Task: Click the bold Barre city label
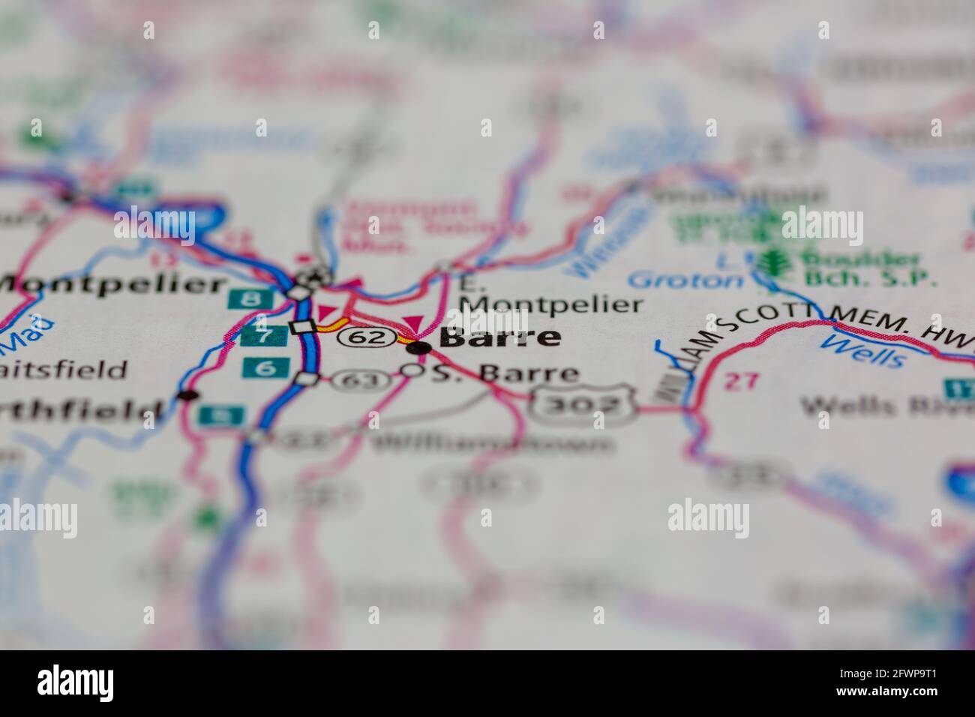500,337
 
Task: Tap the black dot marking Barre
422,347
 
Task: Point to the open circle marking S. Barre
410,370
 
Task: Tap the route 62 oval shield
366,338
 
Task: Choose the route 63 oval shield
361,381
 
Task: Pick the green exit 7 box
262,335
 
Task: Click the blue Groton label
684,280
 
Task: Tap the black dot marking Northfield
188,395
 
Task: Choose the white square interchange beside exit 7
302,327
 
